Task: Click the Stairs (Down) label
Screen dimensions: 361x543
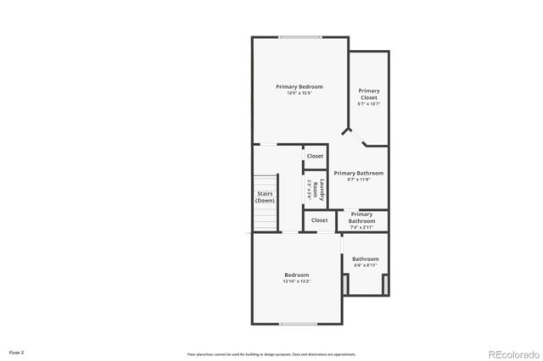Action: tap(266, 197)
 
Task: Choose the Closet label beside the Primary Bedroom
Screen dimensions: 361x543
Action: tap(315, 156)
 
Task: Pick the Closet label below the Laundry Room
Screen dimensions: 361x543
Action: tap(319, 220)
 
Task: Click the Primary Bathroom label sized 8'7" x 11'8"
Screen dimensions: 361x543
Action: tap(358, 173)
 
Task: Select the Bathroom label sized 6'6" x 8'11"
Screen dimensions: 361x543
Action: tap(366, 259)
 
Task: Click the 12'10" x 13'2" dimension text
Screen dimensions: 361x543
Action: tap(296, 280)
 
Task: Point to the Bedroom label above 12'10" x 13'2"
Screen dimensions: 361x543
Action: tap(296, 275)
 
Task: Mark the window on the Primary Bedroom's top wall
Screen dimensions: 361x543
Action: tap(300, 36)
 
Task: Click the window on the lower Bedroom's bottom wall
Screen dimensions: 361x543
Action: tap(298, 324)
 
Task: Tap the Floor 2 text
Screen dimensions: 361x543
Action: tap(17, 351)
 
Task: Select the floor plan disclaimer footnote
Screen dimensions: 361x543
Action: tap(272, 353)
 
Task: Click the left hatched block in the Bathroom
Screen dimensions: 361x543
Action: tap(345, 286)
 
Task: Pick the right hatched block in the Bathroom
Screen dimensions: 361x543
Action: tap(385, 286)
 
